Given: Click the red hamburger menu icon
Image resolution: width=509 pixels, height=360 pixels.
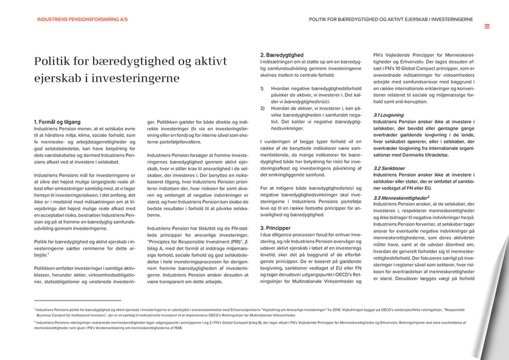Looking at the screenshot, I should [x=487, y=27].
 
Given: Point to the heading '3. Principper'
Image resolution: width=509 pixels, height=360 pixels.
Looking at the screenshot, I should [x=276, y=228].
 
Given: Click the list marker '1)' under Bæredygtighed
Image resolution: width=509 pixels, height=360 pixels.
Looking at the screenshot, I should [x=262, y=88].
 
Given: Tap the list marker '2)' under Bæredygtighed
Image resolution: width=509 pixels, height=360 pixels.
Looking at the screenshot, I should [x=262, y=108].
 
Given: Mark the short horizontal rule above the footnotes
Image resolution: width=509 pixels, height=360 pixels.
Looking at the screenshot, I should [x=77, y=301].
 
